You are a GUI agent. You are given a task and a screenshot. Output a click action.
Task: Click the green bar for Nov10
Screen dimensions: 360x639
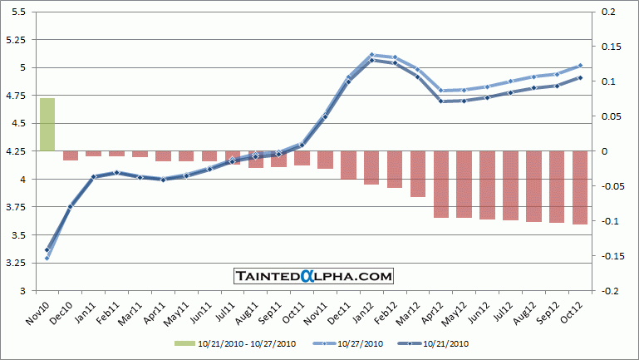(47, 125)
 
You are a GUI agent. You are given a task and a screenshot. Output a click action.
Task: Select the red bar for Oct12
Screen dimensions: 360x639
(579, 187)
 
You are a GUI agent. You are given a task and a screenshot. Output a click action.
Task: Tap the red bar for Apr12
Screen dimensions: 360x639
(441, 184)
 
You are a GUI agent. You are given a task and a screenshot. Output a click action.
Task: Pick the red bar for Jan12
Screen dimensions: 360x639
(371, 167)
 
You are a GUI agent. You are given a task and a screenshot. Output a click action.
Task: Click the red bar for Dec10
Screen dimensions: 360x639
(71, 155)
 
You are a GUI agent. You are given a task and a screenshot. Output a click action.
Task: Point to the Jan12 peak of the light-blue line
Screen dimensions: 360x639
(371, 55)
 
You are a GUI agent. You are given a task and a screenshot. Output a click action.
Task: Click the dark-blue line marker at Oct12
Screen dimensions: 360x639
(579, 77)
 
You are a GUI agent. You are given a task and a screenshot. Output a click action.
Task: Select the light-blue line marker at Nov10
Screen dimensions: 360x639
(47, 258)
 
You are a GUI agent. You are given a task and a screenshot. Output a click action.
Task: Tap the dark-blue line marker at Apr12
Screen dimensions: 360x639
(441, 101)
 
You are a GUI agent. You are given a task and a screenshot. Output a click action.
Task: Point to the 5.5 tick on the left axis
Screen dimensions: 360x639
(18, 12)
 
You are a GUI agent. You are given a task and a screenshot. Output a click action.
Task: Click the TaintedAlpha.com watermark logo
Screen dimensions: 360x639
(312, 276)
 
